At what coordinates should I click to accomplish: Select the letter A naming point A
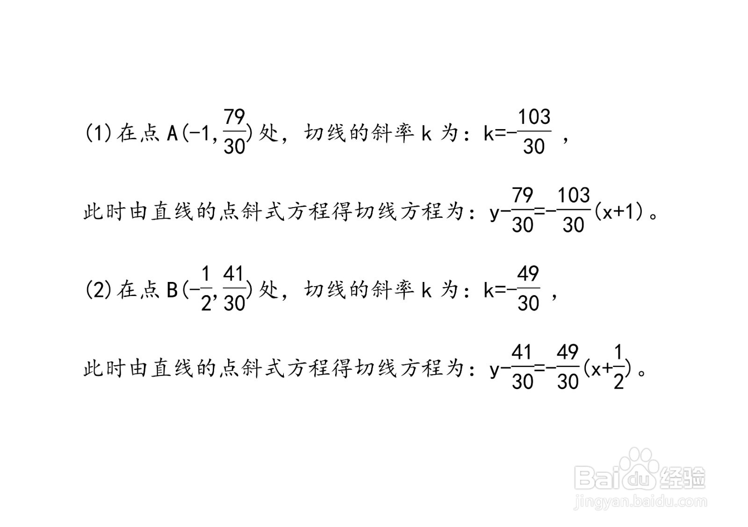(x=173, y=134)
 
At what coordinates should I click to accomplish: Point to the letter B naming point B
(x=173, y=290)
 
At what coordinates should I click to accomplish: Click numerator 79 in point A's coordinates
(x=234, y=117)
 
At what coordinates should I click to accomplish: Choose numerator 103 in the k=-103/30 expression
(x=534, y=117)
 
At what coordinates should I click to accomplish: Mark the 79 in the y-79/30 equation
(x=523, y=195)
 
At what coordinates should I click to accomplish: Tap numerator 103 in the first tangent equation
(x=573, y=195)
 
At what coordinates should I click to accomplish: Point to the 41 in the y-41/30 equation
(x=522, y=352)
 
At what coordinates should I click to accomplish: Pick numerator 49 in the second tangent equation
(x=568, y=352)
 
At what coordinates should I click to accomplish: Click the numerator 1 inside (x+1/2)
(x=619, y=352)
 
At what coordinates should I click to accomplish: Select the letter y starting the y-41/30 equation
(x=495, y=370)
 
